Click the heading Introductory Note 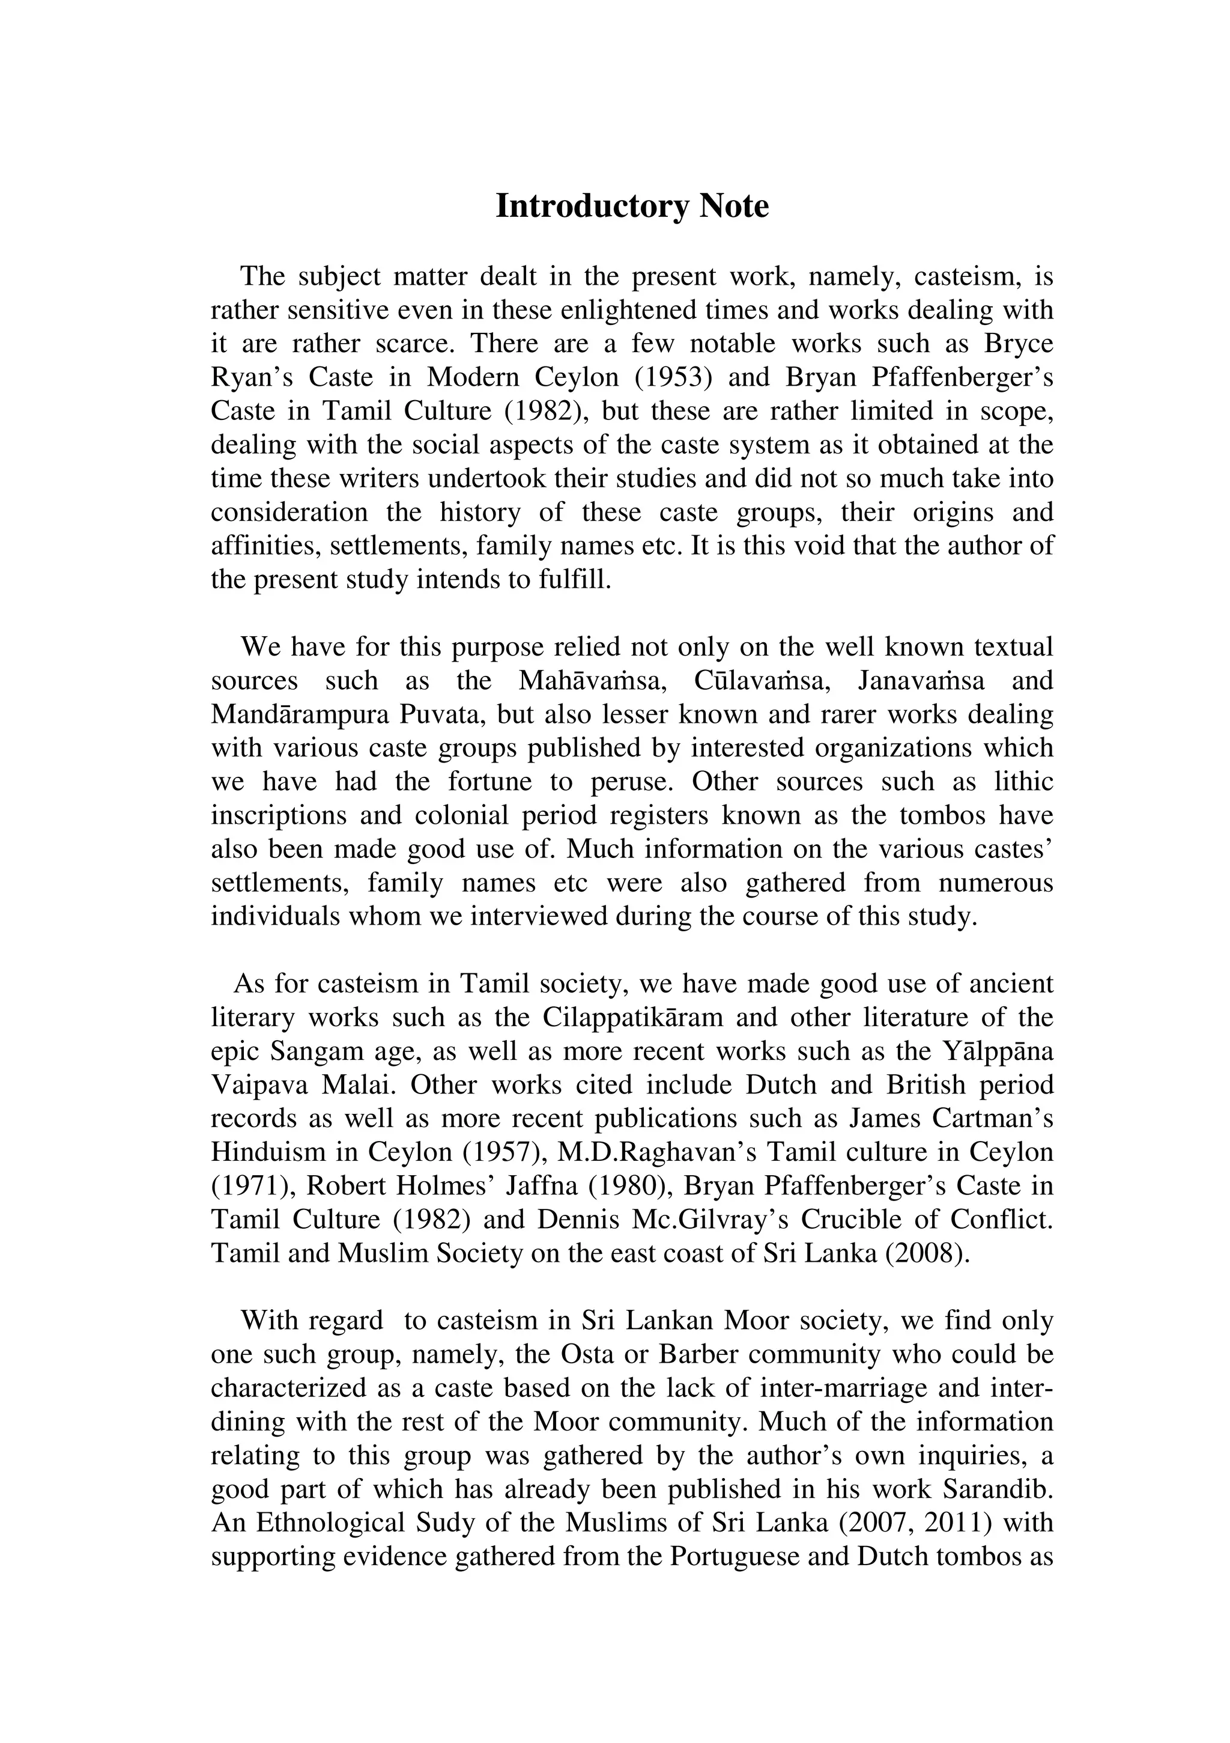(631, 207)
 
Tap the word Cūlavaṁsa (761, 681)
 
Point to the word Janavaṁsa (921, 681)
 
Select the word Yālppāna (997, 1052)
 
